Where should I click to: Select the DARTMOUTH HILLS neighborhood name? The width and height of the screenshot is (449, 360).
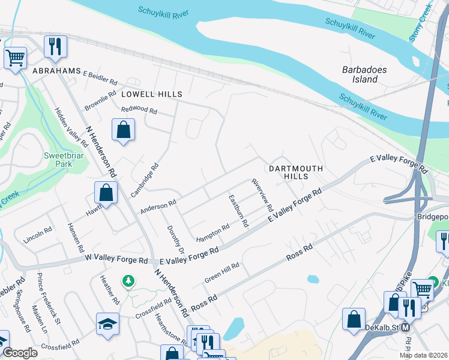(x=296, y=172)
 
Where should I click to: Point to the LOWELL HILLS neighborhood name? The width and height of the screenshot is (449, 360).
(x=151, y=94)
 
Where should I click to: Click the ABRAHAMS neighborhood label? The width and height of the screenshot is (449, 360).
(x=56, y=71)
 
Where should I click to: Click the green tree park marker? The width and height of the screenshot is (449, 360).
(x=127, y=281)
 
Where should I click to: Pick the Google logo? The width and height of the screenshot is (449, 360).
(x=20, y=352)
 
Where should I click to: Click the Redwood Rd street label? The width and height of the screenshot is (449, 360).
(x=139, y=110)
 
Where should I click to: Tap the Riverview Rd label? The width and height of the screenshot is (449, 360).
(x=262, y=195)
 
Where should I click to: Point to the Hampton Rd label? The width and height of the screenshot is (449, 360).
(x=213, y=232)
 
